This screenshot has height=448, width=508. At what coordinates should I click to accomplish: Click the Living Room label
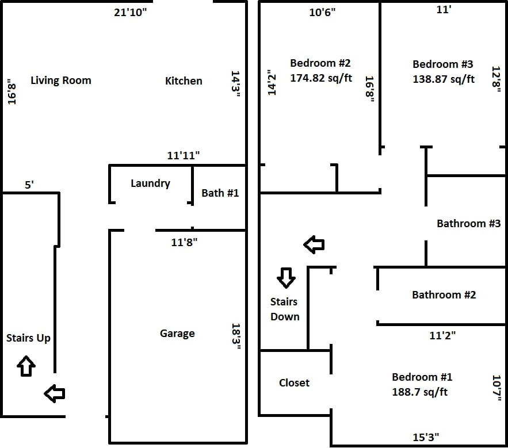coord(60,81)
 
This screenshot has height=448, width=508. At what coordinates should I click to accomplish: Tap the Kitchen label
coord(184,81)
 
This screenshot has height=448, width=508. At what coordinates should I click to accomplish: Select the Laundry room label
coord(150,183)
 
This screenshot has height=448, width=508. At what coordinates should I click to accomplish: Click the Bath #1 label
coord(220,193)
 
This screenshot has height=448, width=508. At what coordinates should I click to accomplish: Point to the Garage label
coord(177,334)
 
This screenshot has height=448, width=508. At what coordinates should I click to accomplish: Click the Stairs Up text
coord(28,338)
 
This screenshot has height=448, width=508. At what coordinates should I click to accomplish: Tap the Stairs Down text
coord(285,309)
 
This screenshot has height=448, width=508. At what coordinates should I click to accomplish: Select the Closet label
coord(294,383)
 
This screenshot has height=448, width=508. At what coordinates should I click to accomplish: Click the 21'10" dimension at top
coord(131,13)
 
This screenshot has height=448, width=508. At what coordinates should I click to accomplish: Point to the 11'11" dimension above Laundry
coord(184,155)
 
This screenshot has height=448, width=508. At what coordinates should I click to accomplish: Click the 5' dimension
coord(29,185)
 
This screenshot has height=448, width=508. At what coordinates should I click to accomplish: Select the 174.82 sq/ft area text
coord(321,78)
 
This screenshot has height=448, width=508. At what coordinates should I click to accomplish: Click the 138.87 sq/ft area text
coord(444,79)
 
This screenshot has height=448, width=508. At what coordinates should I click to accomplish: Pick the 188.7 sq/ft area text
coord(420,392)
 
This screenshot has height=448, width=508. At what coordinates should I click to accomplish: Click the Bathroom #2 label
coord(444,295)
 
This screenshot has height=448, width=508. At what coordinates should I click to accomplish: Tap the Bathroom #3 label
coord(468,224)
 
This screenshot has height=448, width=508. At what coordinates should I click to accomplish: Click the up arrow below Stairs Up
coord(26,366)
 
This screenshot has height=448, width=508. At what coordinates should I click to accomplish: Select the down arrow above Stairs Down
coord(286,278)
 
